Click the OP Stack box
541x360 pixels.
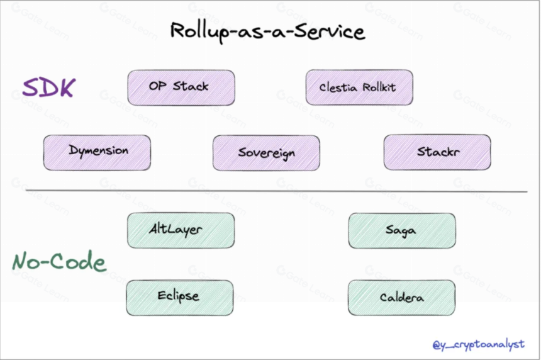(181, 87)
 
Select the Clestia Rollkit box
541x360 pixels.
(359, 87)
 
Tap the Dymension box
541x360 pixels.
(97, 152)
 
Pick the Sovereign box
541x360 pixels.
(266, 153)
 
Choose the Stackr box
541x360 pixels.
(437, 152)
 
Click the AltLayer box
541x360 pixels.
(181, 230)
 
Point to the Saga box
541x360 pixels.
(402, 230)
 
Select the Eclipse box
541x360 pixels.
(180, 298)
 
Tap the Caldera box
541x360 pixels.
(401, 298)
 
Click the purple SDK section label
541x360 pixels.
(48, 87)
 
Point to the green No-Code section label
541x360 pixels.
(59, 261)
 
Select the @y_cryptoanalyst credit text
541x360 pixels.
(479, 344)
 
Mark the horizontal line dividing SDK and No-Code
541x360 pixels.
(276, 191)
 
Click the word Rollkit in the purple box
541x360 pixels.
(379, 87)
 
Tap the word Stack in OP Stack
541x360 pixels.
(191, 86)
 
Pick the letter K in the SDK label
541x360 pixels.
(65, 87)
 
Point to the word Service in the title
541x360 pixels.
(330, 31)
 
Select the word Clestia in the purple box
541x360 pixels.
(338, 87)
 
